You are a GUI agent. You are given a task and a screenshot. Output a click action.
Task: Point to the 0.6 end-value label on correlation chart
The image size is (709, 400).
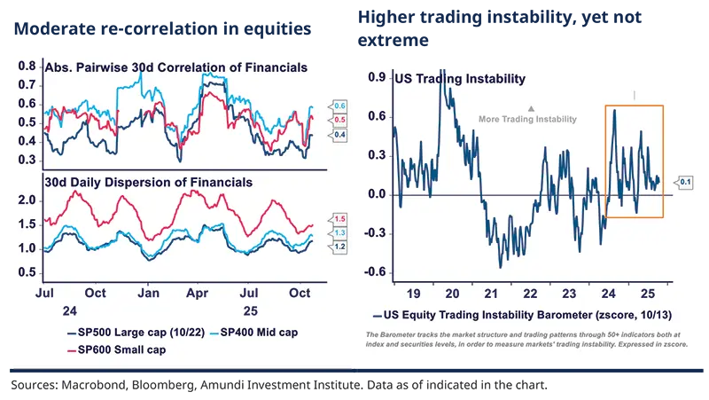[x=339, y=106]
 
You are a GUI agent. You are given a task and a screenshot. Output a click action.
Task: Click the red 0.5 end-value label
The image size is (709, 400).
[x=339, y=120]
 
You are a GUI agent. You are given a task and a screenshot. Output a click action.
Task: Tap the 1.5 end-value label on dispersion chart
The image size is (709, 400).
[x=339, y=218]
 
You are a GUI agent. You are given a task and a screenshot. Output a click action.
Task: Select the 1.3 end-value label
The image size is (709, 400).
[x=339, y=232]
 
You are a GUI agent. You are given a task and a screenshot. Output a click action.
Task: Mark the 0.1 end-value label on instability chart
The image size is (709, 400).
[x=684, y=183]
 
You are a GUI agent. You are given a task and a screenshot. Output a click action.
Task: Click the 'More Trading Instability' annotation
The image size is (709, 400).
[x=527, y=119]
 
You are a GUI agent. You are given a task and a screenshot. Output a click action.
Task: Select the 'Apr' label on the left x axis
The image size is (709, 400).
[x=200, y=293]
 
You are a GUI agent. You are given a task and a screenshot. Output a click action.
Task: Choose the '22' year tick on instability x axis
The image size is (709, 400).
[x=530, y=293]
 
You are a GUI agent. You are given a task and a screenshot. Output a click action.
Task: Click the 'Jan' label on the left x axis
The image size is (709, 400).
[x=148, y=293]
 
